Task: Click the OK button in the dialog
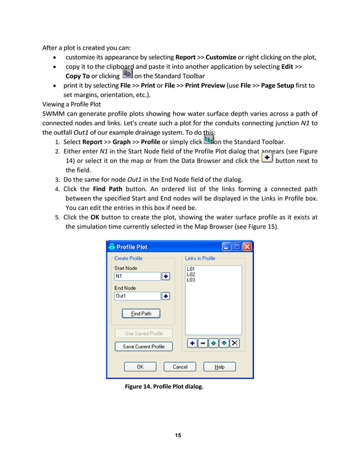(x=140, y=367)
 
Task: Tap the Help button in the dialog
(x=219, y=367)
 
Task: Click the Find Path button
(x=141, y=314)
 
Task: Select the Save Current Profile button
(x=143, y=346)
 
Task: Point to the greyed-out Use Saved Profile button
(x=143, y=333)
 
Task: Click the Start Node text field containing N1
(x=137, y=276)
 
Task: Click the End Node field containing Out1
(x=137, y=296)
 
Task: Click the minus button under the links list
(x=203, y=343)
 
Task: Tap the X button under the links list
(x=235, y=343)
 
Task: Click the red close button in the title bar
(x=247, y=247)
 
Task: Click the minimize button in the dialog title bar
(x=227, y=247)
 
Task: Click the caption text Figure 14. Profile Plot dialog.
(x=164, y=387)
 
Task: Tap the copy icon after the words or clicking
(x=128, y=74)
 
